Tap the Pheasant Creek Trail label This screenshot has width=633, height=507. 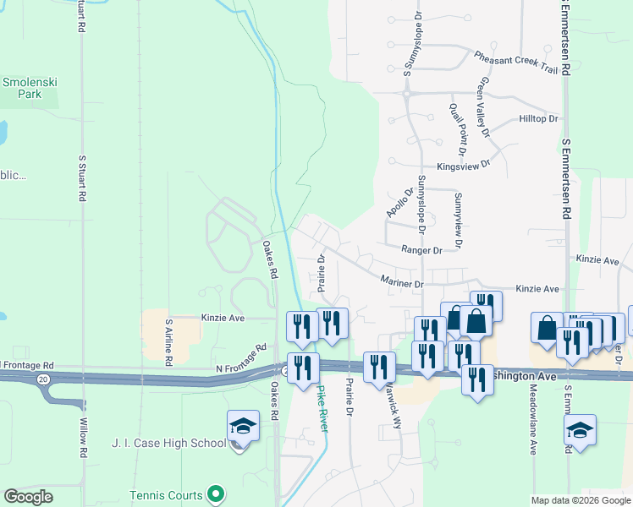516,63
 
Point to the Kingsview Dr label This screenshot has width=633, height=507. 464,166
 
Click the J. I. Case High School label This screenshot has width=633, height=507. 168,443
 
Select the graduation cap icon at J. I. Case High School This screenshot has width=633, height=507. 243,428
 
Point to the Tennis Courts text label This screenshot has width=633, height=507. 166,496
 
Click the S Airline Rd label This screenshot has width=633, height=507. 169,342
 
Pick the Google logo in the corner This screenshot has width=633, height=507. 29,497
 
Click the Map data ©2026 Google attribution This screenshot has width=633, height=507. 581,500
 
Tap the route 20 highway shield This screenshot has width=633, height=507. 43,379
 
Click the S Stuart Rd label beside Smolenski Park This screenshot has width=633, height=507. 82,177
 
